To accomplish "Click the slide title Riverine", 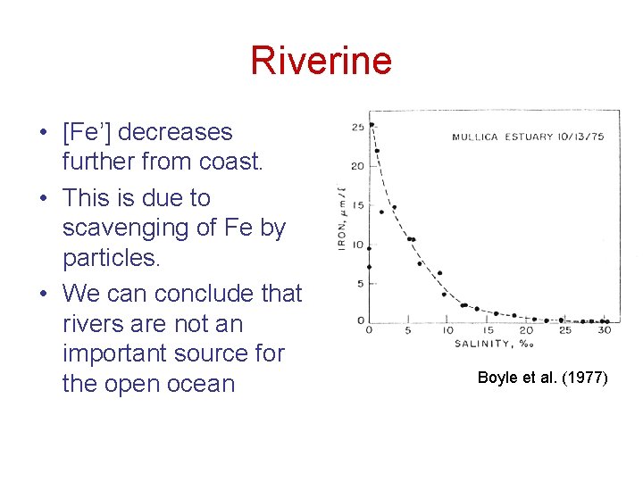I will click(x=321, y=61).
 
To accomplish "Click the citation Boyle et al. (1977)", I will click(x=542, y=378).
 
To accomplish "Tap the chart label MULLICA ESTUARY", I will click(x=502, y=137).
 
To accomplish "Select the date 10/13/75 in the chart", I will click(x=580, y=137).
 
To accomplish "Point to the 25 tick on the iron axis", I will click(x=357, y=127).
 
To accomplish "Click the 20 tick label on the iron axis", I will click(x=357, y=166).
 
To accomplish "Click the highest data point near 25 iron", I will click(x=371, y=124).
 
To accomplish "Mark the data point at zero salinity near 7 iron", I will click(x=369, y=266).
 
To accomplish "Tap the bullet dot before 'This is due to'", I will click(x=43, y=198).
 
